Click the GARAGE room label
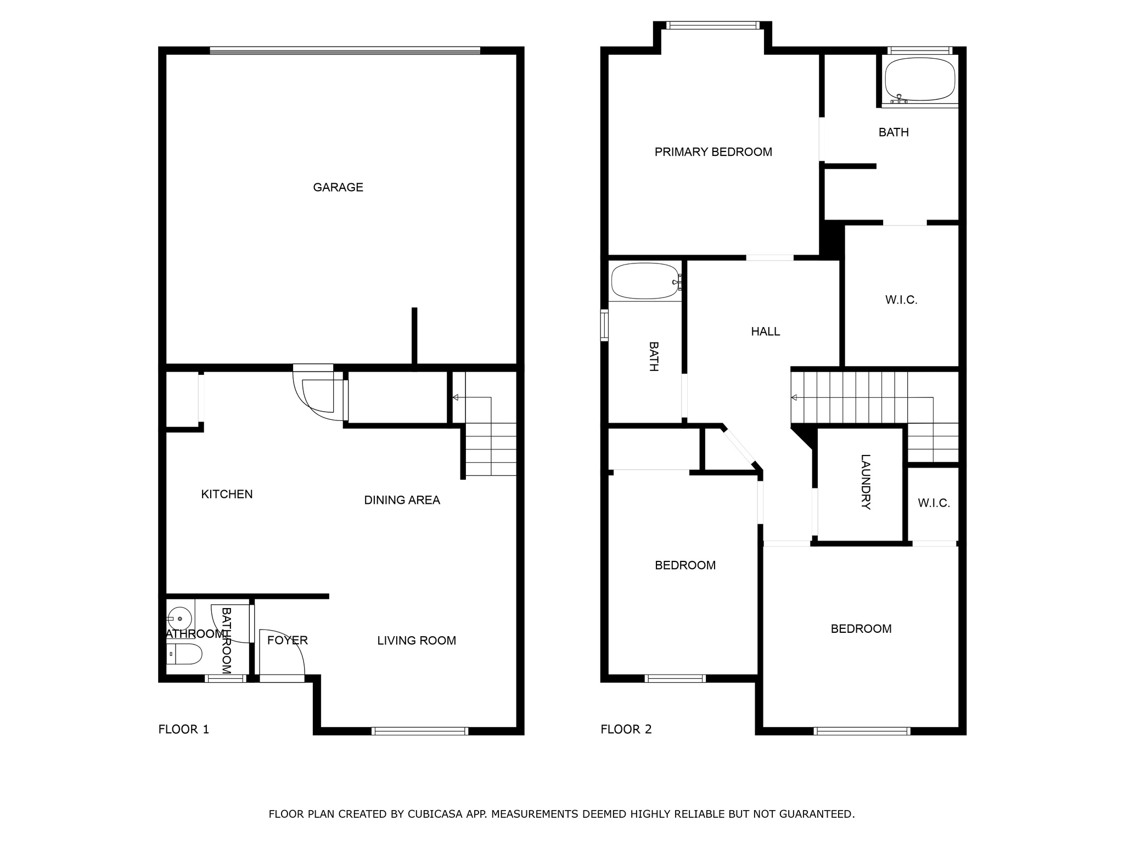click(x=338, y=187)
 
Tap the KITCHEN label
click(x=227, y=494)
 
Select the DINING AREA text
click(x=402, y=500)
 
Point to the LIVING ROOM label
click(x=417, y=640)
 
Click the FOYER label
click(x=288, y=640)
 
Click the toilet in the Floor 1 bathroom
click(x=184, y=654)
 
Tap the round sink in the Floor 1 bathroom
click(x=179, y=619)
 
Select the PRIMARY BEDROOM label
click(x=713, y=152)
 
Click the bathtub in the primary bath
click(x=920, y=80)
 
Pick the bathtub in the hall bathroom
click(x=645, y=281)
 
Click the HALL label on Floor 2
click(x=766, y=331)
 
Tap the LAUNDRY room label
click(x=866, y=482)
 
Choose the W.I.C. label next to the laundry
click(x=934, y=503)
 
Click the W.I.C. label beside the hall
click(x=901, y=300)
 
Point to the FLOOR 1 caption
click(x=184, y=729)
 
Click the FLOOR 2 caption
click(x=626, y=729)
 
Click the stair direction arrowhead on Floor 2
click(x=794, y=398)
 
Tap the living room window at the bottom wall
click(x=420, y=731)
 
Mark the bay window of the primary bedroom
click(x=713, y=25)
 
